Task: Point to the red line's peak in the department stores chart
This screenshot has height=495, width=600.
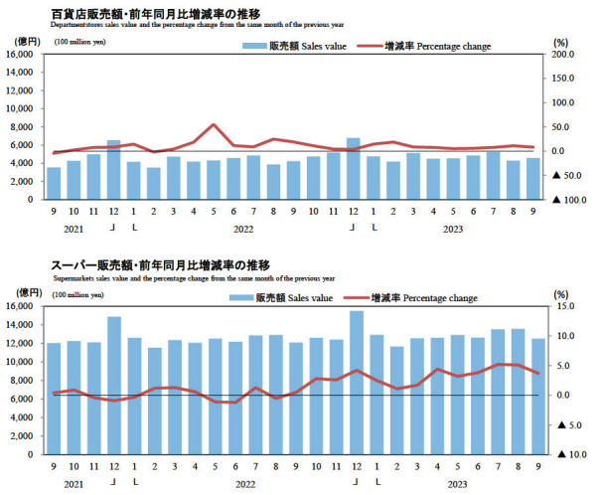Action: pos(214,125)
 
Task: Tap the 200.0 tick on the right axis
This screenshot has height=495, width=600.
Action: pos(563,54)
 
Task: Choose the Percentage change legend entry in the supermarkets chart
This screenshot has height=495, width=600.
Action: pos(423,297)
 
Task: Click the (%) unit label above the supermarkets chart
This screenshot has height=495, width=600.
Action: pos(561,294)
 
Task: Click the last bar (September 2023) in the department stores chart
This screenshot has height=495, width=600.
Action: pos(532,178)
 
